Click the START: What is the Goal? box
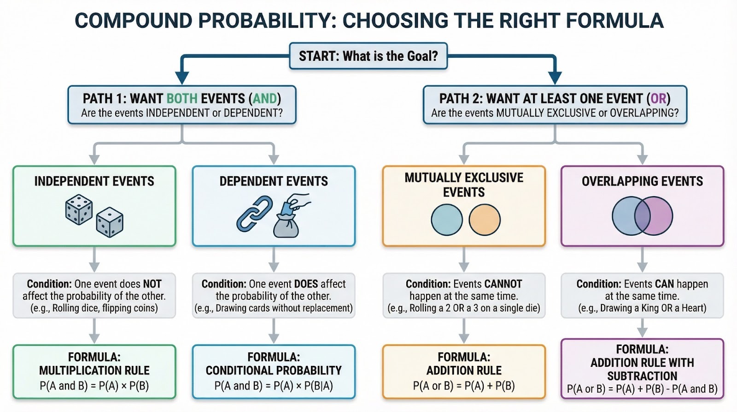pos(368,56)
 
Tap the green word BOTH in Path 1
pos(182,98)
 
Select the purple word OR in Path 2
pos(658,98)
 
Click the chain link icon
pos(254,214)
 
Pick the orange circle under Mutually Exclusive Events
pos(484,220)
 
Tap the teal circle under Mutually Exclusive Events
pos(446,220)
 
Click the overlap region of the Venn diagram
pos(642,216)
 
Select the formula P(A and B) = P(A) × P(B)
pos(94,386)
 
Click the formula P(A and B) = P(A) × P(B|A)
pos(274,386)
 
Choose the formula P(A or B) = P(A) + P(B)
pos(463,386)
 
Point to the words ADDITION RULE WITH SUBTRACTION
pos(642,369)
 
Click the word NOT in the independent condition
pos(152,284)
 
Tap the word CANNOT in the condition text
pos(503,284)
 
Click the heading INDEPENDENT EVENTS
pos(94,181)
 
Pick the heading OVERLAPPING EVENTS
pos(642,181)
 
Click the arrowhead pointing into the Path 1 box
pos(182,78)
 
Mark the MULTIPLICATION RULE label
pos(94,370)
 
